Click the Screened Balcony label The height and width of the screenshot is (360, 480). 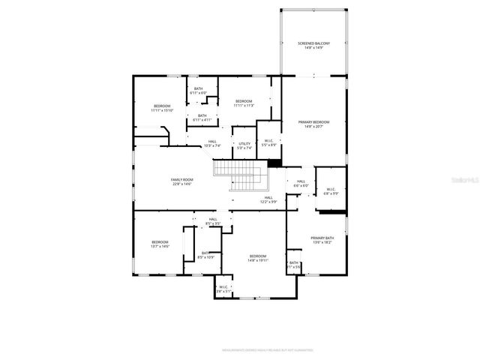313,46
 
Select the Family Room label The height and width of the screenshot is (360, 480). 181,181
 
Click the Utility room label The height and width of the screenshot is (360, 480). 244,145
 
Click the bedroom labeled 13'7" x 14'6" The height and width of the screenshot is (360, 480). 160,244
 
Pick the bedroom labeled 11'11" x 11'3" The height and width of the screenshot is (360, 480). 244,103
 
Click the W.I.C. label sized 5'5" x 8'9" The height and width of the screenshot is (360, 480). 268,142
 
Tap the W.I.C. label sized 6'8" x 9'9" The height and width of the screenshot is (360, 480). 331,191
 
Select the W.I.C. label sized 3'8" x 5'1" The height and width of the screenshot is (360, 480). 223,289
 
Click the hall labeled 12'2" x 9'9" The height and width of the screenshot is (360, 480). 268,199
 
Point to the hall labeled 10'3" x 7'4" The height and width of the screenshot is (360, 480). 213,143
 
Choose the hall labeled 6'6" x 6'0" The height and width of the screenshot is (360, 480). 301,183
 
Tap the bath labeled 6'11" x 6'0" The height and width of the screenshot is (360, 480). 198,91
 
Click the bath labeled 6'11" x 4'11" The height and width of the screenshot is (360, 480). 202,118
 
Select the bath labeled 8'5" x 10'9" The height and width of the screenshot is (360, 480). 205,255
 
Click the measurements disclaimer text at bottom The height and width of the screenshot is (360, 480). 267,350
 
